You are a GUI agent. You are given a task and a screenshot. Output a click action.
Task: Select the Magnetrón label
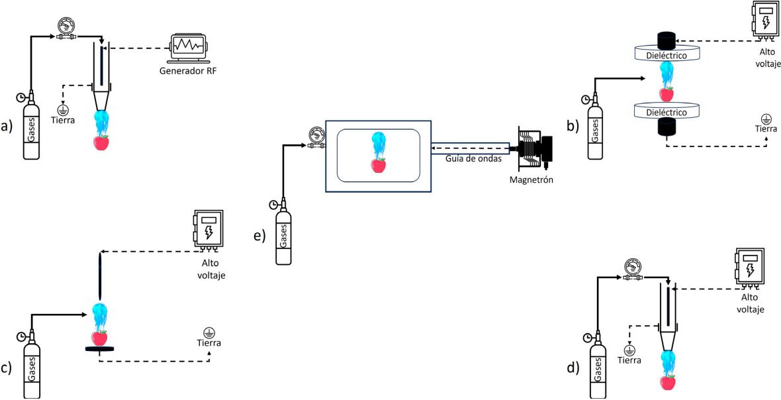point(531,180)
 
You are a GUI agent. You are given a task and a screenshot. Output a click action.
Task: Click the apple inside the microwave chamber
point(378,164)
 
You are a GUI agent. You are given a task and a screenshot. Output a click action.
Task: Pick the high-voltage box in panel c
point(208,230)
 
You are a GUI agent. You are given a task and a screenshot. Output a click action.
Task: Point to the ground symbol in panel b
point(766,118)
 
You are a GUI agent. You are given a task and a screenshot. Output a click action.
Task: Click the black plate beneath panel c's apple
point(99,349)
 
